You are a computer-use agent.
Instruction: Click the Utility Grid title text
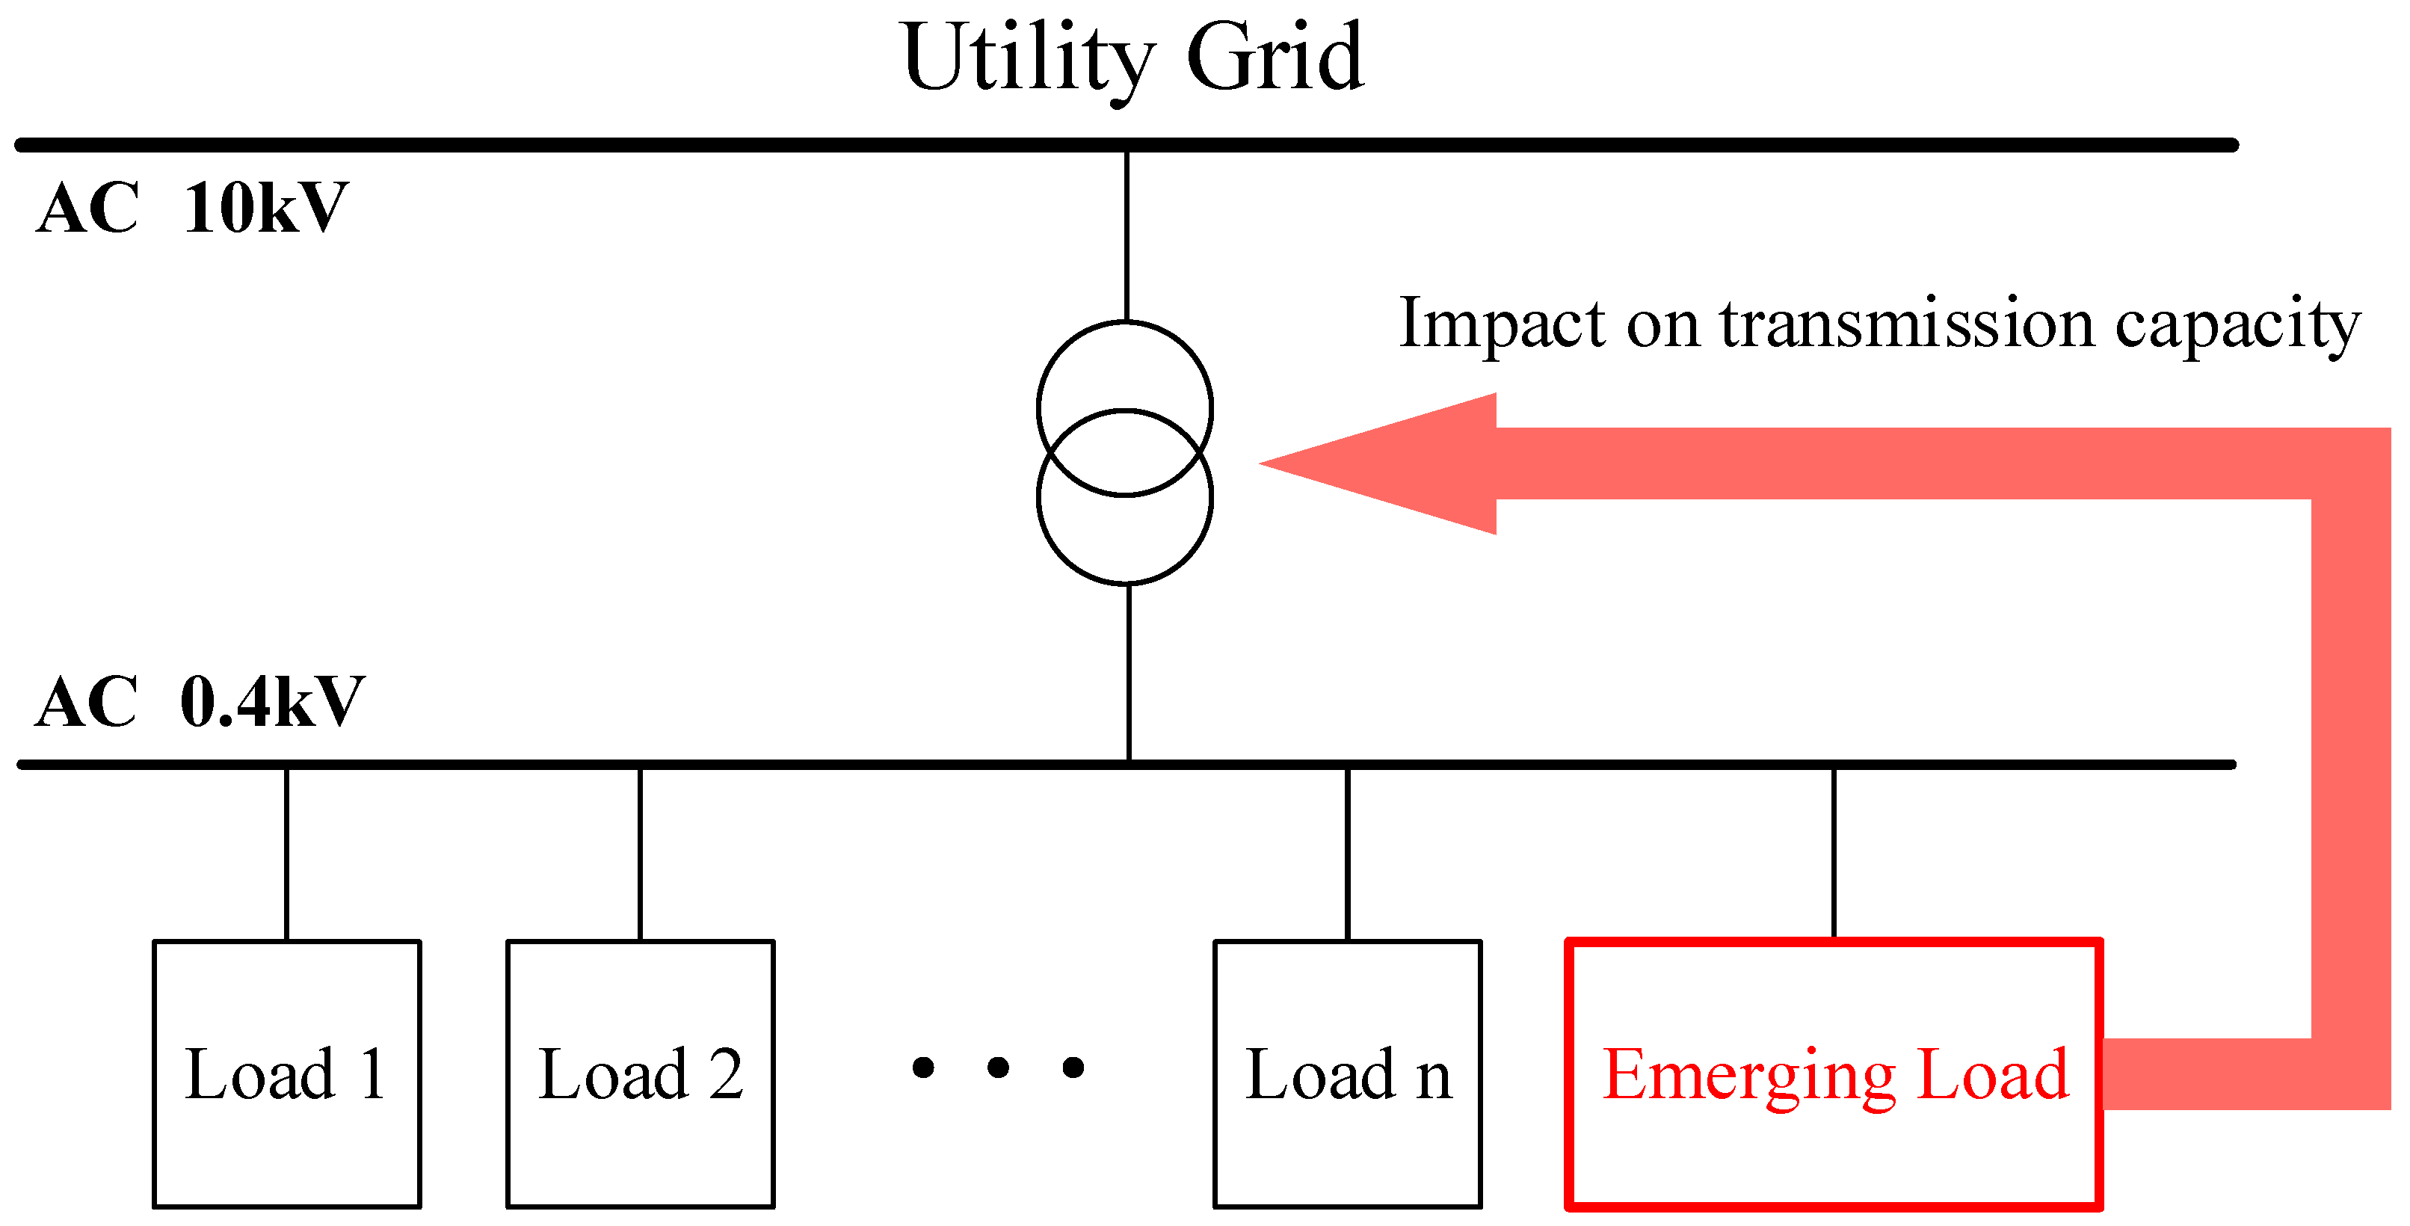[x=1132, y=58]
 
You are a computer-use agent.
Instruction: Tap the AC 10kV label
[x=192, y=208]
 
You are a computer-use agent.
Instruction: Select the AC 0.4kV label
[x=198, y=702]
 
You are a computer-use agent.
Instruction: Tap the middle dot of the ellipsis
[x=998, y=1067]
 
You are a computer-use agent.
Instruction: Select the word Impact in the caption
[x=1503, y=323]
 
